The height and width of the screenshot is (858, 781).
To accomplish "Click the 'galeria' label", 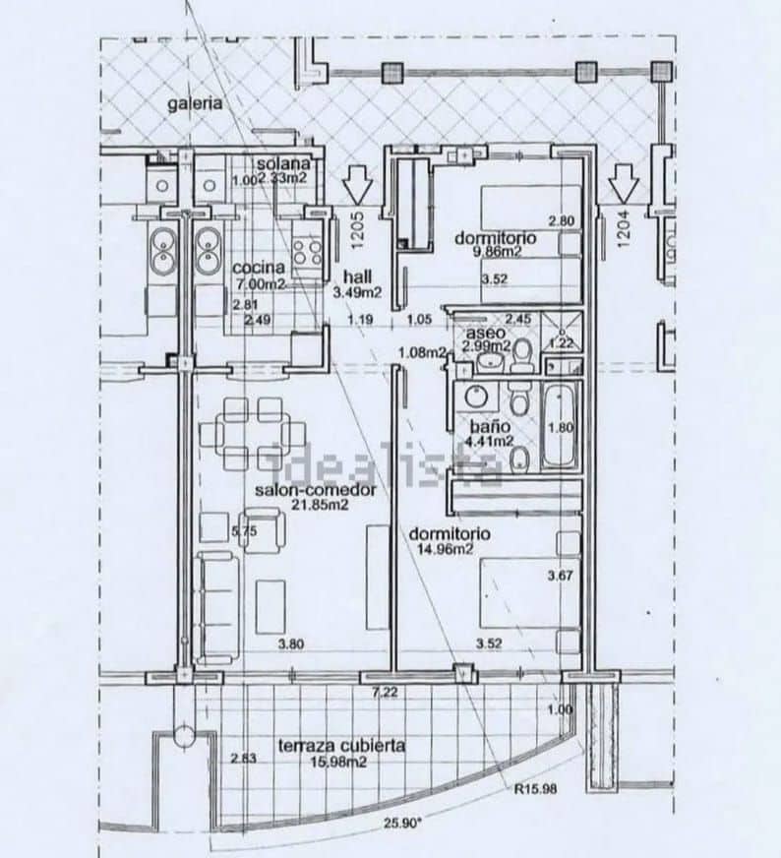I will pyautogui.click(x=194, y=102).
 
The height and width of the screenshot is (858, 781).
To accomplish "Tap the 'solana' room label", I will pyautogui.click(x=284, y=163).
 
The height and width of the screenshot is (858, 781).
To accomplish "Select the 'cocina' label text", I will pyautogui.click(x=259, y=268).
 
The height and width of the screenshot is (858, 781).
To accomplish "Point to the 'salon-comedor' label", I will pyautogui.click(x=302, y=489).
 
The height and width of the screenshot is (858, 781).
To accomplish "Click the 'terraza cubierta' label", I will pyautogui.click(x=340, y=746).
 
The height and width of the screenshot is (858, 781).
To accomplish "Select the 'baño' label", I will pyautogui.click(x=489, y=427).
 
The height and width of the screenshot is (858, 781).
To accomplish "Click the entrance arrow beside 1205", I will pyautogui.click(x=356, y=182).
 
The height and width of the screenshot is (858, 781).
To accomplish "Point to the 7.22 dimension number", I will pyautogui.click(x=384, y=693).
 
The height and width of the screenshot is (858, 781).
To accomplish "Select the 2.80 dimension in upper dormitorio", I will pyautogui.click(x=561, y=220).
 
